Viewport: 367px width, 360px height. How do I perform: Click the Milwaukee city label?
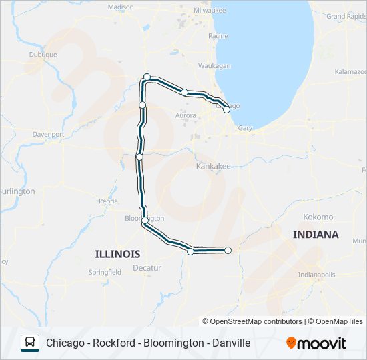click(x=210, y=11)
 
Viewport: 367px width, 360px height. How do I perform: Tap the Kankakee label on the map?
click(x=213, y=166)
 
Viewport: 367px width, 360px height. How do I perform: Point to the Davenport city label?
click(x=48, y=134)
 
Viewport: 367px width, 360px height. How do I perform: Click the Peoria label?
click(x=108, y=201)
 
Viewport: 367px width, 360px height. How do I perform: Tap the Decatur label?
click(x=147, y=267)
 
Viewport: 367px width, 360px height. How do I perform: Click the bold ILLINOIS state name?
click(x=117, y=254)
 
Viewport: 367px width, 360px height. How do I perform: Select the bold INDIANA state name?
click(x=316, y=235)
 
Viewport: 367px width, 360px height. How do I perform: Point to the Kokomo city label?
click(x=318, y=217)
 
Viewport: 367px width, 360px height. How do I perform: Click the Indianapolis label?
click(x=316, y=274)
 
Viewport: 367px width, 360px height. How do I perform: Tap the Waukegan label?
click(x=214, y=66)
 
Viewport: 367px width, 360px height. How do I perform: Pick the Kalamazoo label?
click(x=350, y=71)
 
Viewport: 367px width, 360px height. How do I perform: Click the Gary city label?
click(x=245, y=127)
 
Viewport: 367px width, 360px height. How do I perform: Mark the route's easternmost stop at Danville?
click(x=228, y=250)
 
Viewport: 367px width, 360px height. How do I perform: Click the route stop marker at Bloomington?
click(x=145, y=220)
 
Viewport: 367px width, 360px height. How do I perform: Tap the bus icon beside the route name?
click(x=31, y=343)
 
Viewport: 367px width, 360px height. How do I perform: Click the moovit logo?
click(x=316, y=343)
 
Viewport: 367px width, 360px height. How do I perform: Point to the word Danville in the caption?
click(x=228, y=343)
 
